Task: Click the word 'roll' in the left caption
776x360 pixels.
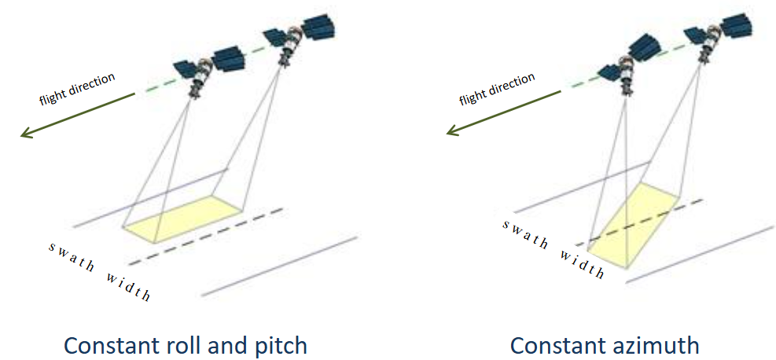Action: tap(189, 345)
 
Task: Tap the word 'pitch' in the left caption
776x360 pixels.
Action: tap(280, 345)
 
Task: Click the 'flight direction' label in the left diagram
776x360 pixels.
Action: tap(77, 89)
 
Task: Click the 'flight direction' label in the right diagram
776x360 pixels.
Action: tap(497, 87)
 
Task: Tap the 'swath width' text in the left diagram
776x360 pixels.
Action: tap(99, 270)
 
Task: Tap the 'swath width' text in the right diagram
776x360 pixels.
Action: tap(553, 248)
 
